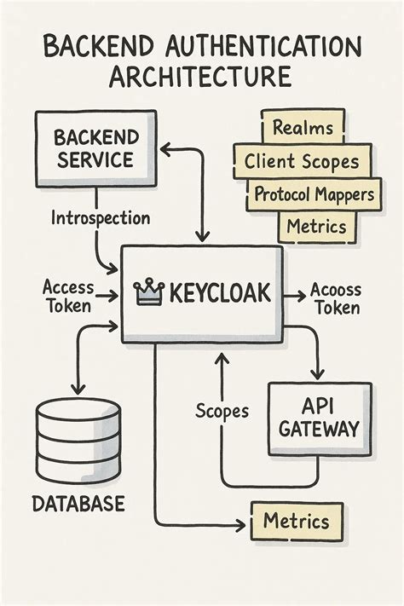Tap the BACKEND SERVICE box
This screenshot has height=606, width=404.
[94, 147]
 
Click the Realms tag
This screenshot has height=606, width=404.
[302, 130]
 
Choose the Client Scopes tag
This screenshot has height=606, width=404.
[302, 161]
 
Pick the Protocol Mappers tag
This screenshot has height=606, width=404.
[314, 194]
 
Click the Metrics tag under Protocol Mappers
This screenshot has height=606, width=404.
[316, 226]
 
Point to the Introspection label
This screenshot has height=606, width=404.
[100, 218]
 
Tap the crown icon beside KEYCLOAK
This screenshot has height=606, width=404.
[148, 294]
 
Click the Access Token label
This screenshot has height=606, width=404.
[68, 297]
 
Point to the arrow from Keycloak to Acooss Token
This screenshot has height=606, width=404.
[295, 295]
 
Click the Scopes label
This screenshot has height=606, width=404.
[222, 411]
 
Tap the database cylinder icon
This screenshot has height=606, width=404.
[78, 442]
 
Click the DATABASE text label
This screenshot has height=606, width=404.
[78, 504]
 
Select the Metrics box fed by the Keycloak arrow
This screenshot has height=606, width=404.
[296, 520]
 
